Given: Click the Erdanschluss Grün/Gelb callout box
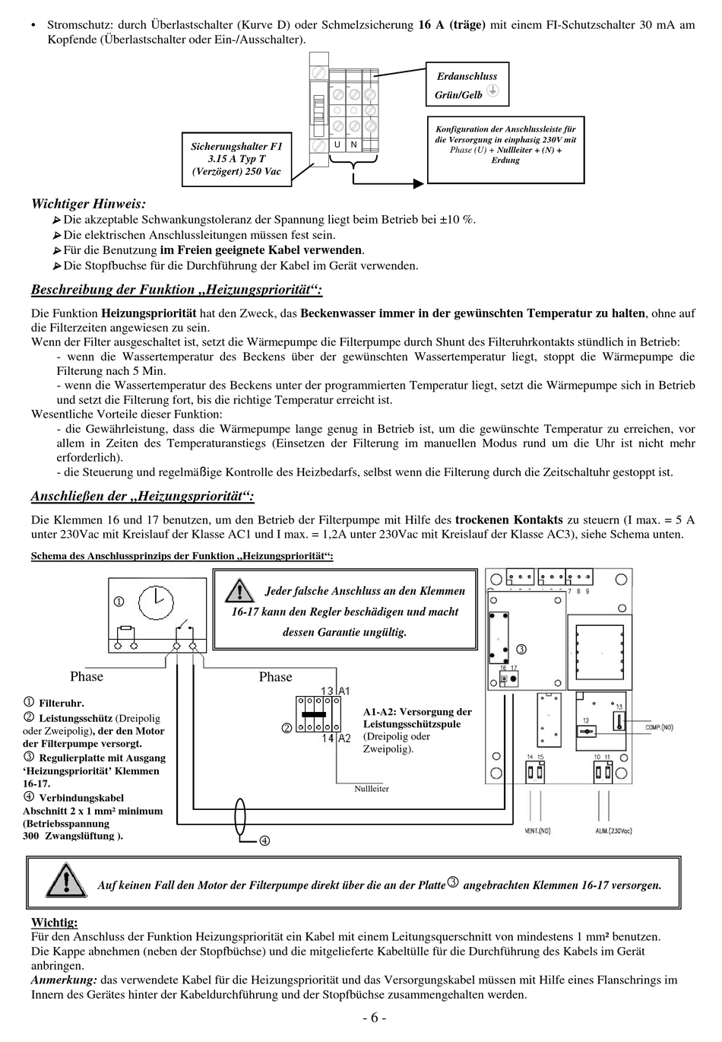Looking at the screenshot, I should tap(467, 84).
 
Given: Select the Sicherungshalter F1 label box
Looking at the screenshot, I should tap(236, 158).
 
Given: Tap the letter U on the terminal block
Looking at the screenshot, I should tap(337, 145).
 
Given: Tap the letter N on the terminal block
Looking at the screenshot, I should tap(353, 145).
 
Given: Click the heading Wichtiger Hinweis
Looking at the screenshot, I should tap(88, 204).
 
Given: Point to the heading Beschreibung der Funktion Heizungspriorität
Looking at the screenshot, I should tap(176, 290).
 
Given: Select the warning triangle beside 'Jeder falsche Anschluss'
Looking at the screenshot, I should tap(239, 590).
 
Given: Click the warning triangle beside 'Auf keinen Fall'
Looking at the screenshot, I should tap(65, 882).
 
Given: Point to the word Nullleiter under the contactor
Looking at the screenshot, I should tap(372, 789).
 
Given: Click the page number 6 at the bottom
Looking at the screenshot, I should tap(374, 1018).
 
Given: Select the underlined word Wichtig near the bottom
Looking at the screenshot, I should tap(54, 923).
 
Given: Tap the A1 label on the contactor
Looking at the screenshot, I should tap(344, 691).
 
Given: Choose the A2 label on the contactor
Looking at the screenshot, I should tap(344, 739).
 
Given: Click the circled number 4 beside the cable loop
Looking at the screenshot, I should tap(264, 840).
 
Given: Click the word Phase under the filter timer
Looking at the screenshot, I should tap(87, 677).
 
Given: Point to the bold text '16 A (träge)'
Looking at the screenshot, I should tap(451, 24).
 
